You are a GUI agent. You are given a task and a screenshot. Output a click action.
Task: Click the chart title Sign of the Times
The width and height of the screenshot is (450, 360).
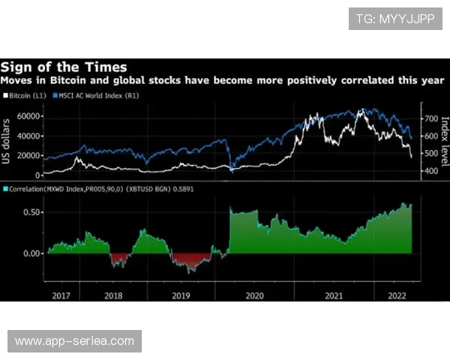coord(64,67)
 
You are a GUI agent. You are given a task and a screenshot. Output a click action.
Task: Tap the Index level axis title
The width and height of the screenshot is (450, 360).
coord(444,142)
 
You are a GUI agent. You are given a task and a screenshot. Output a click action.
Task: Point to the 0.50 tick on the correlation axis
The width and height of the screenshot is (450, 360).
coord(29,212)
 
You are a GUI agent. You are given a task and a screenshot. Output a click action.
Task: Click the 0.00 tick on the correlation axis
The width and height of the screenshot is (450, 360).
coord(29,253)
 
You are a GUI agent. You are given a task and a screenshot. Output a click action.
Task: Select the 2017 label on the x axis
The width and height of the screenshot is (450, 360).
coord(62,295)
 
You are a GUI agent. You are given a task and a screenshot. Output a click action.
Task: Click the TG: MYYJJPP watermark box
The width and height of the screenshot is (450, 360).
coord(396,19)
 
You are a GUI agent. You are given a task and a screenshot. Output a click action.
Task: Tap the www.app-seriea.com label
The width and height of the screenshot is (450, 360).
coord(74,341)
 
